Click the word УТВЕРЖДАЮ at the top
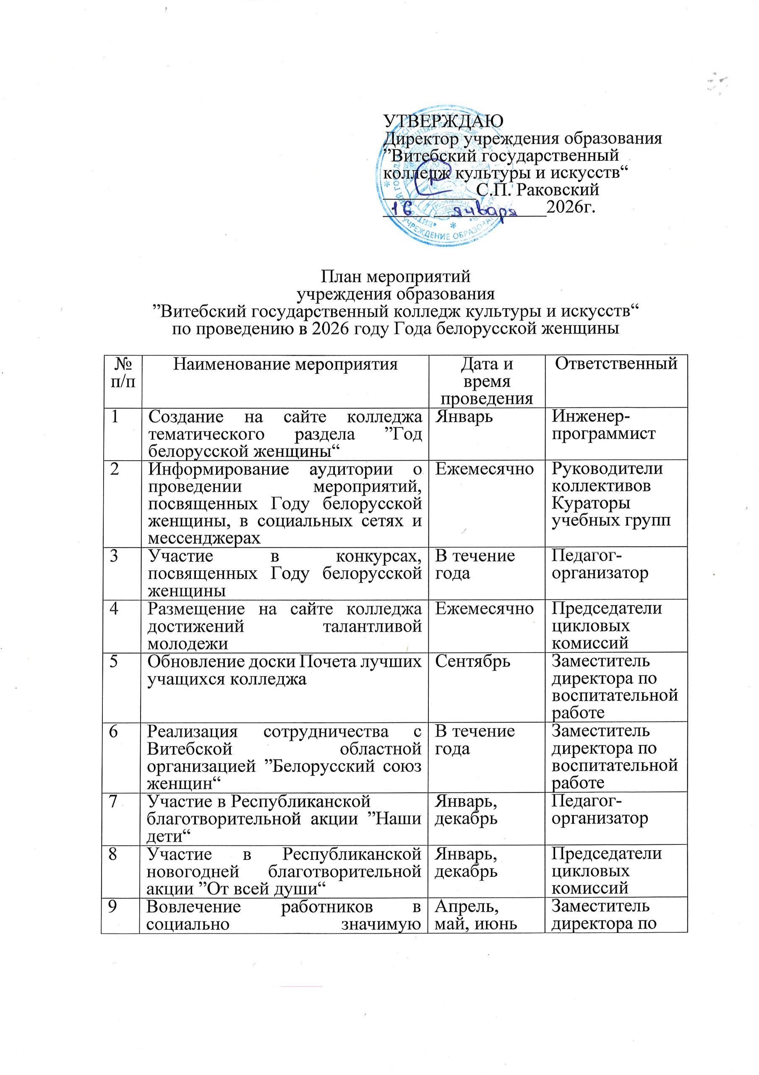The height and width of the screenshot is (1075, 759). [443, 121]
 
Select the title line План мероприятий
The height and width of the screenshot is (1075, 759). [395, 277]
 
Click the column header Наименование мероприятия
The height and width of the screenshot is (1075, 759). [285, 364]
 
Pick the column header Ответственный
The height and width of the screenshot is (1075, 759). [616, 364]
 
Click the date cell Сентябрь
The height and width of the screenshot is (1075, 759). [472, 661]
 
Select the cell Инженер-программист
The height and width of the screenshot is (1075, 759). [603, 425]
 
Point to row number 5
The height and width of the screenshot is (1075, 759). [114, 661]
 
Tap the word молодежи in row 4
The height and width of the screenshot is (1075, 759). [188, 644]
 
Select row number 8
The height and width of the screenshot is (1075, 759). [114, 854]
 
